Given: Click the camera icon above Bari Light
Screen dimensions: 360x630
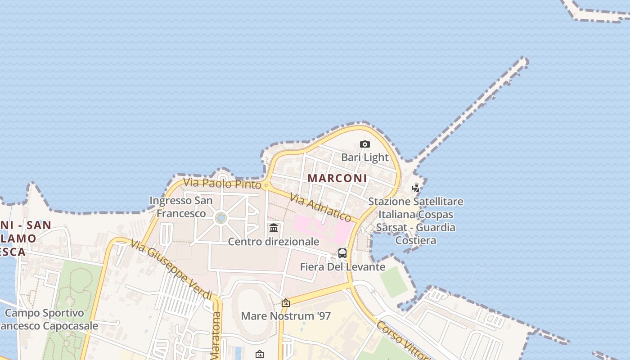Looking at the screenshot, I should pyautogui.click(x=365, y=144).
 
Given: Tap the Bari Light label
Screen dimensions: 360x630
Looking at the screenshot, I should pyautogui.click(x=364, y=157).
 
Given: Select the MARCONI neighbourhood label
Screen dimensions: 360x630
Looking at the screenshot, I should pyautogui.click(x=337, y=178).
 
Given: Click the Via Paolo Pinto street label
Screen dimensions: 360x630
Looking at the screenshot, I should pyautogui.click(x=222, y=184).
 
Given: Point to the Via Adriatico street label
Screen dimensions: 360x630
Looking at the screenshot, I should pyautogui.click(x=320, y=207).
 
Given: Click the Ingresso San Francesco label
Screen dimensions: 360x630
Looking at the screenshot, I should pyautogui.click(x=181, y=207).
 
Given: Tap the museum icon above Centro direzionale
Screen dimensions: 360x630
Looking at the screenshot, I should pyautogui.click(x=274, y=228).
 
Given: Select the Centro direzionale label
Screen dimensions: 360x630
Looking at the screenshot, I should pyautogui.click(x=274, y=242).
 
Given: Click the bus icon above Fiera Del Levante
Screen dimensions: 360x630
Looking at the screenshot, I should pyautogui.click(x=342, y=253).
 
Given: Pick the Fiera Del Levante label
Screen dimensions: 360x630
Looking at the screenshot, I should pyautogui.click(x=342, y=267).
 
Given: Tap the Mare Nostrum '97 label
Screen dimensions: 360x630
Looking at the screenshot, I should pyautogui.click(x=286, y=316).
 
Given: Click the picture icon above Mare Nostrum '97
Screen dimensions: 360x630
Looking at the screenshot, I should pyautogui.click(x=285, y=303).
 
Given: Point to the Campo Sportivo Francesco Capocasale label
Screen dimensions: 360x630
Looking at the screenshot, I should pyautogui.click(x=45, y=319).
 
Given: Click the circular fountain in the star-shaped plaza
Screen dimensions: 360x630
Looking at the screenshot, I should pyautogui.click(x=221, y=218).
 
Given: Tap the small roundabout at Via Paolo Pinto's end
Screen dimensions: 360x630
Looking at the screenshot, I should pyautogui.click(x=266, y=184).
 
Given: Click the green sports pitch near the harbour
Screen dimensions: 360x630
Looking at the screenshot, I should pyautogui.click(x=394, y=282).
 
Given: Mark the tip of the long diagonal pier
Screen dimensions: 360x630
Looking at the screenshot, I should pyautogui.click(x=524, y=60).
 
